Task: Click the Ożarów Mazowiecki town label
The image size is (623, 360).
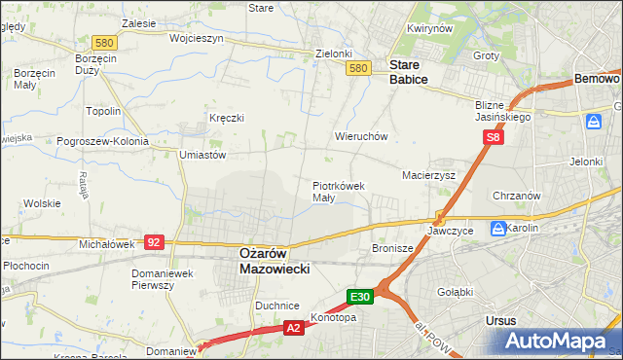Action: point(274,260)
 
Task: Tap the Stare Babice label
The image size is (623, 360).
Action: point(408,72)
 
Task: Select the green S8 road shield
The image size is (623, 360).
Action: point(495,138)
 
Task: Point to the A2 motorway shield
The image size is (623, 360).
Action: point(293,330)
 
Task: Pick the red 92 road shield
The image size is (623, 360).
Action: point(153,241)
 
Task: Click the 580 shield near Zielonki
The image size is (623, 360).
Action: point(358,68)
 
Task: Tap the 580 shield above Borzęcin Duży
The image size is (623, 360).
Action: point(104,43)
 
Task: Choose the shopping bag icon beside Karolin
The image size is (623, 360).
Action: point(498,230)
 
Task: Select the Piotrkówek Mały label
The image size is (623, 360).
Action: point(338,191)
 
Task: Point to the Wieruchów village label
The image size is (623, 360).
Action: point(361,137)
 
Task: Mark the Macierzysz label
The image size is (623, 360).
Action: point(429,176)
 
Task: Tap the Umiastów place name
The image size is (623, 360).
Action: point(203,155)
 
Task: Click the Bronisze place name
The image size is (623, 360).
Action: point(393,249)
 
